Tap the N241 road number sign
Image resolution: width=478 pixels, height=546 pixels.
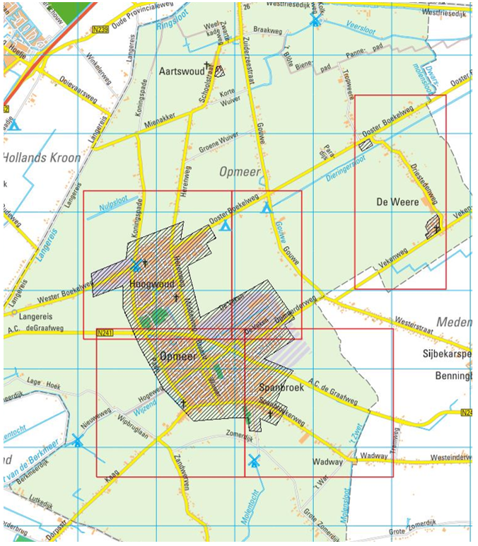point(105,332)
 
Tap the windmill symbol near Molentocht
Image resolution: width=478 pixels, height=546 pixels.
point(254,460)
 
